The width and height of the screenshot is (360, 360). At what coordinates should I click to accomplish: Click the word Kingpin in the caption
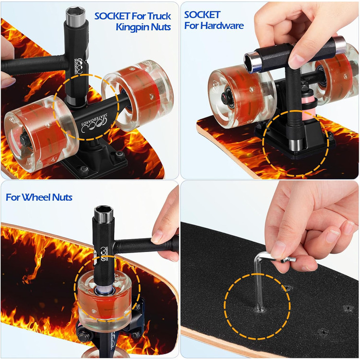click(x=130, y=27)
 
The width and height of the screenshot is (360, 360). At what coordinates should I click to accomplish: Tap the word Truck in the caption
click(x=159, y=16)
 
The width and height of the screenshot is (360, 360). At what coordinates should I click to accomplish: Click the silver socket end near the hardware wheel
click(x=253, y=61)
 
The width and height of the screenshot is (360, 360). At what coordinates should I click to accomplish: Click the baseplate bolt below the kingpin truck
click(x=84, y=170)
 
